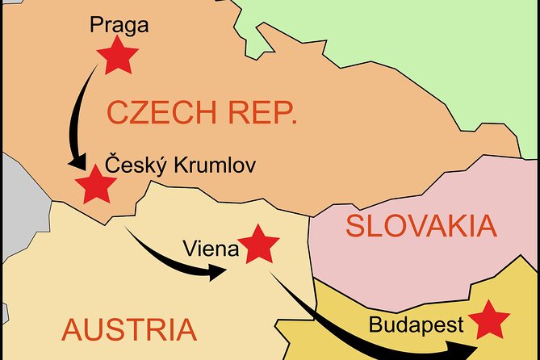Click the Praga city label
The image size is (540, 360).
(x=119, y=26)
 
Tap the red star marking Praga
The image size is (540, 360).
(x=118, y=57)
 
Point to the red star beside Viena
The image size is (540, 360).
(x=260, y=244)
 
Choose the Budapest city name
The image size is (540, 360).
(x=416, y=326)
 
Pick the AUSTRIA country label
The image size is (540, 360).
(x=129, y=329)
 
